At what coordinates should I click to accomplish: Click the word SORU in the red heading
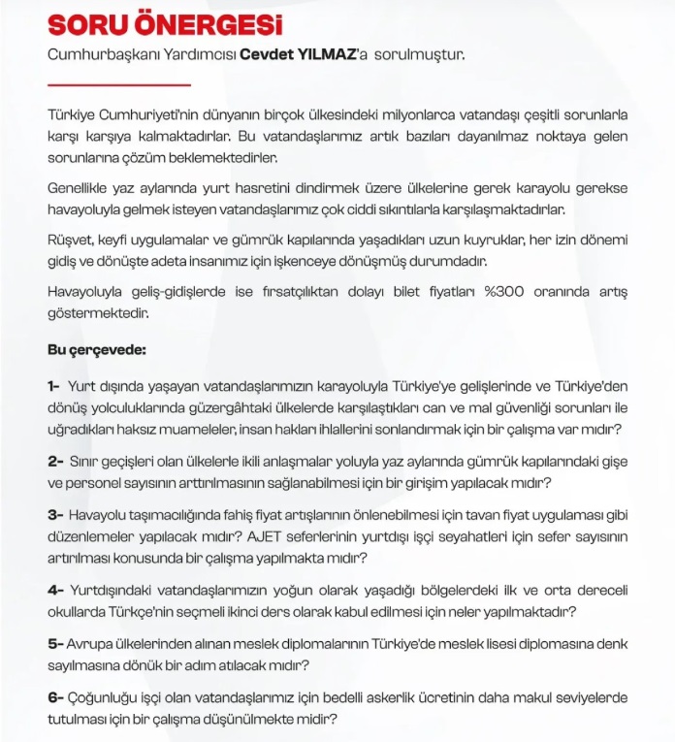pos(88,24)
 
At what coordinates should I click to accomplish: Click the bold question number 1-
pos(53,386)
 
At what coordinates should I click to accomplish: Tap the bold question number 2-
pos(55,460)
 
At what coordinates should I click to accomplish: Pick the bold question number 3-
pos(55,513)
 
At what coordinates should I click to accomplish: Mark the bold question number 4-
pos(55,589)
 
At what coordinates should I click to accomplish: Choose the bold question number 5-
pos(55,643)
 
